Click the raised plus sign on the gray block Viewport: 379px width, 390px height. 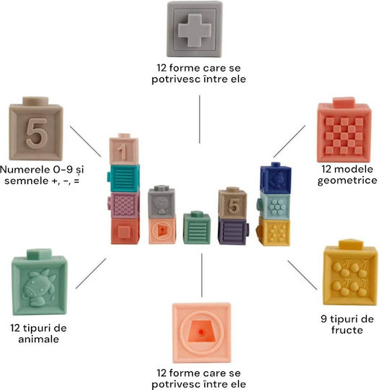pos(194,30)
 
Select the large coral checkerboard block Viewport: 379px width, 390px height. pos(344,130)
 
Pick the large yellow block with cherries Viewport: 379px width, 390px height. pos(350,272)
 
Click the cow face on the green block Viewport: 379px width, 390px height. pos(39,288)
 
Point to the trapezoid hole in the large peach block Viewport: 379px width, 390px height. pos(201,332)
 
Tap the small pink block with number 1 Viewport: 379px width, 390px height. pos(123,149)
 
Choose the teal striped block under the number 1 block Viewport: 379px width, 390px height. pos(123,178)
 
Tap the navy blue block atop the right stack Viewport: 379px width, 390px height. pos(276,178)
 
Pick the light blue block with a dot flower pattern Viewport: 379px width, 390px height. pos(274,206)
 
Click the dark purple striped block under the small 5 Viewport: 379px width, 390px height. pos(233,231)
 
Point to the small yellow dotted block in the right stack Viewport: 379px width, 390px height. pos(274,232)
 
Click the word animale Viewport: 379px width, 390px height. pos(38,339)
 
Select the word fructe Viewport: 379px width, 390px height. pos(347,330)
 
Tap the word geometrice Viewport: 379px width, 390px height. pos(347,181)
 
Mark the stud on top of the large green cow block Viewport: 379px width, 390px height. pos(39,253)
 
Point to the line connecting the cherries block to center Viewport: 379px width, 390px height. pos(302,275)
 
